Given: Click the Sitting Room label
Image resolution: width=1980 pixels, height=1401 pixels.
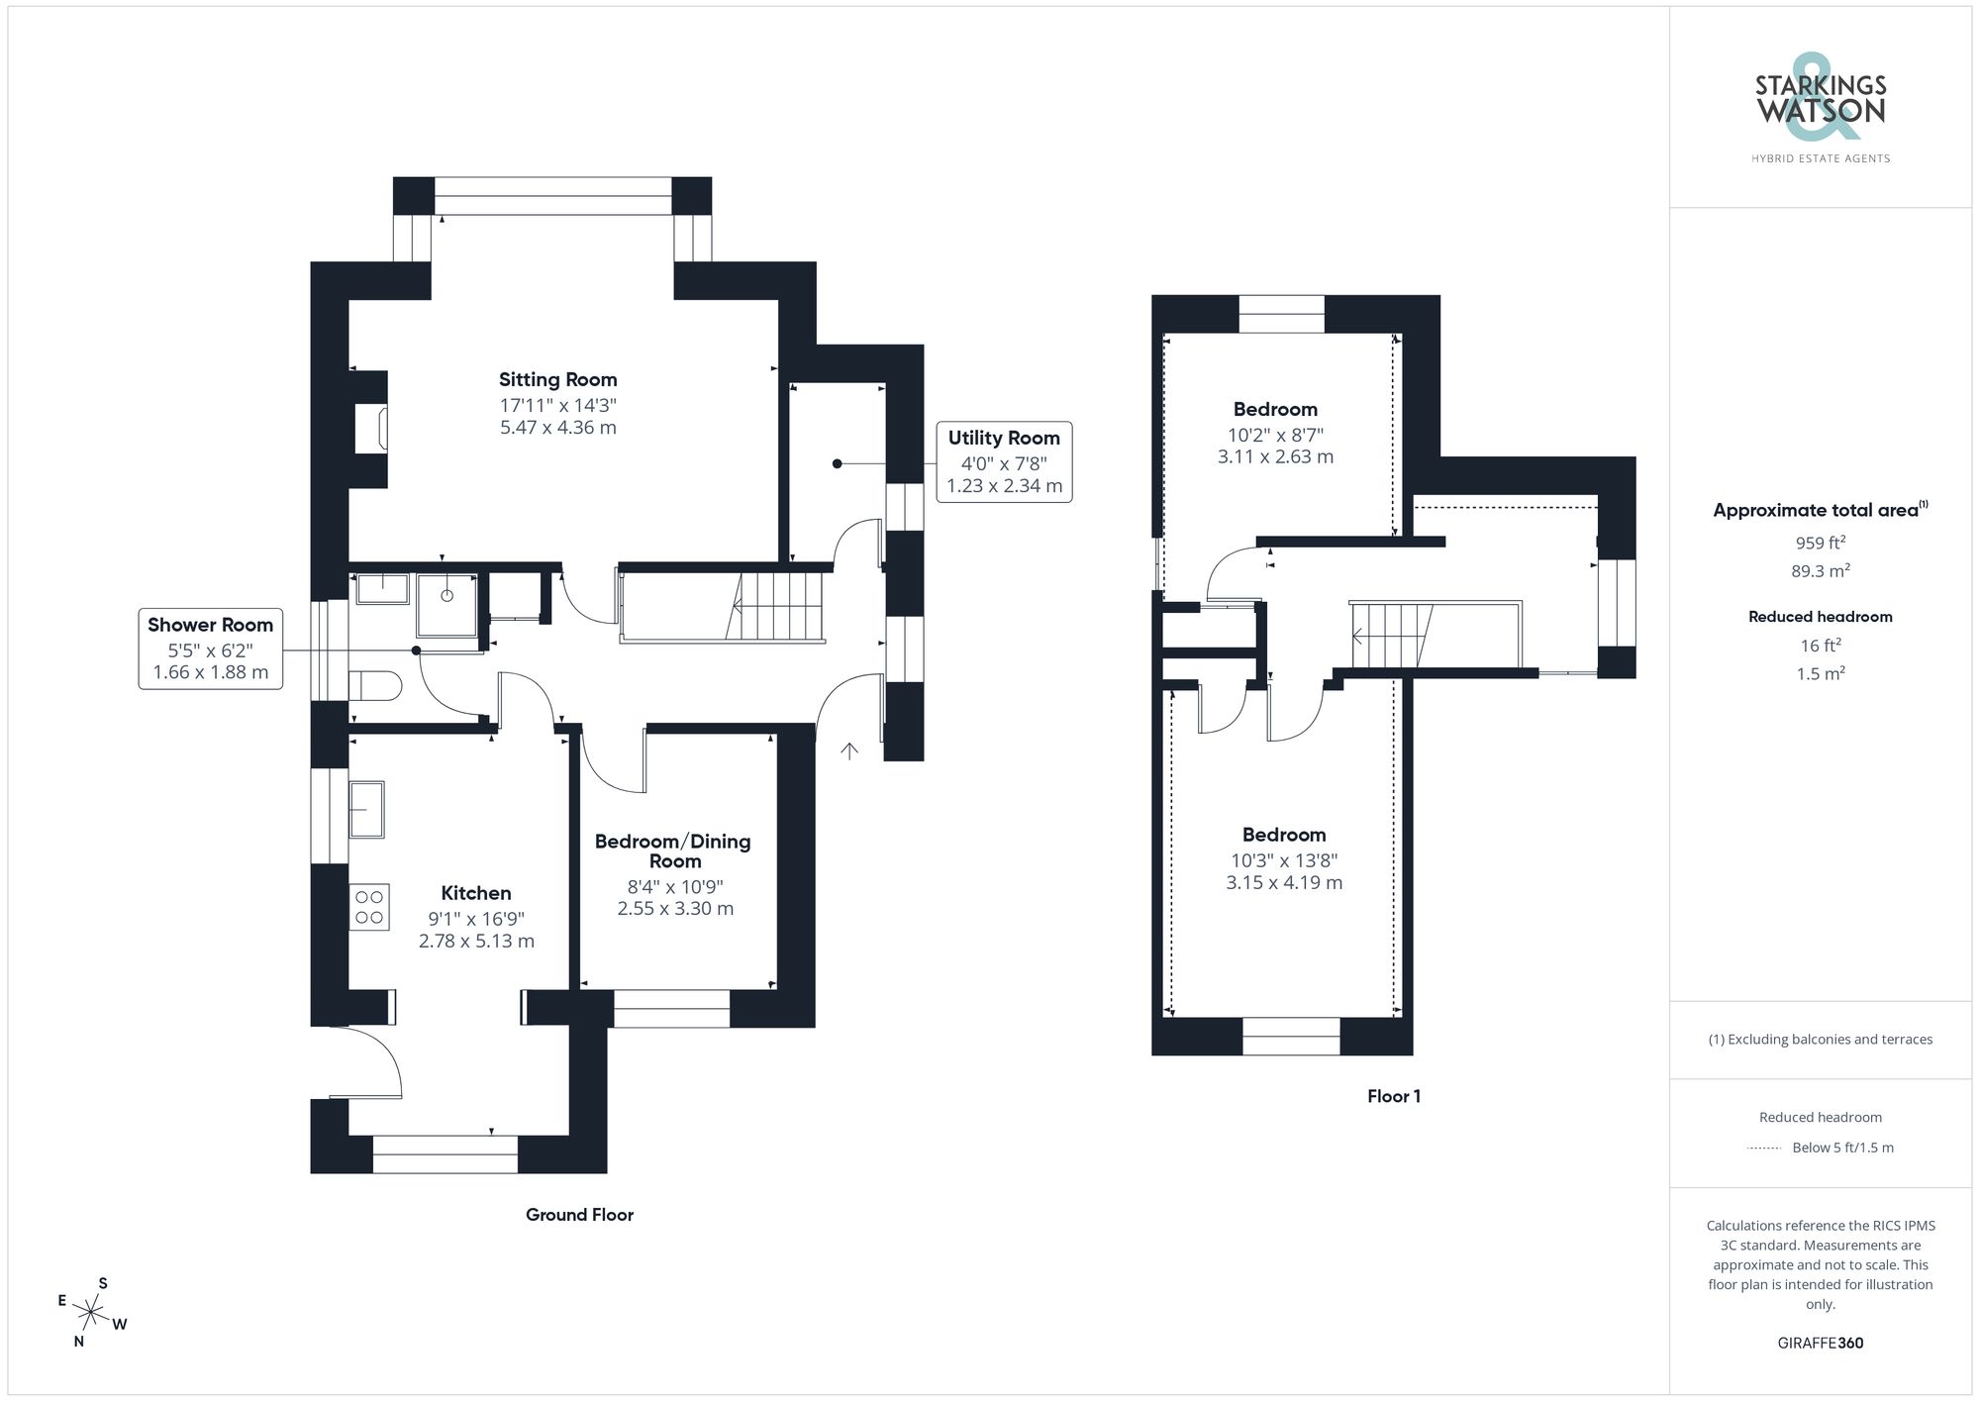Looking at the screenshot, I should [x=557, y=380].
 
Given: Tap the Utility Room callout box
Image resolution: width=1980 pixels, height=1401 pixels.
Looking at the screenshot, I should [x=1004, y=461].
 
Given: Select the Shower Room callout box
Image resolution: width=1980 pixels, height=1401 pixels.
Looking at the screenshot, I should [x=210, y=650].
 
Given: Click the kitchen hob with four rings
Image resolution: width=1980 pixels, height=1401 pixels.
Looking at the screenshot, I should [x=369, y=908].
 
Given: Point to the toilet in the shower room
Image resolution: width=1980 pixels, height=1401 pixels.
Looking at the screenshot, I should [x=375, y=685].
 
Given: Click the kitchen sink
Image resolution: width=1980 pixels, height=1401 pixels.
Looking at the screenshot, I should [x=366, y=809].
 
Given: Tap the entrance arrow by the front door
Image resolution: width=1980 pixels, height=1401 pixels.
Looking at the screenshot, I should [x=849, y=751].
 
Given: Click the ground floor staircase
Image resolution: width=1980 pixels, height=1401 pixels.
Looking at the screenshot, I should [x=780, y=606].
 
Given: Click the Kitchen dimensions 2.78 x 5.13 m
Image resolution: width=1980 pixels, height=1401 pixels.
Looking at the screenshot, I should [x=476, y=941].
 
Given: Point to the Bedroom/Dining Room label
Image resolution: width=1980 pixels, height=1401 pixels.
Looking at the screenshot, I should [x=672, y=851].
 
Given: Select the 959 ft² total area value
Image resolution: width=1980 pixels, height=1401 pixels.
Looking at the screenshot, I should [x=1820, y=543].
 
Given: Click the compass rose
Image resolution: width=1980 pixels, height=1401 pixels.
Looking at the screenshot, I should [x=91, y=1314].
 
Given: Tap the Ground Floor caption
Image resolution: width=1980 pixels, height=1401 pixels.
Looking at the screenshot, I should [x=579, y=1215].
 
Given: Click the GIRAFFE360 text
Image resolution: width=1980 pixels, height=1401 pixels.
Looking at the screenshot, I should [x=1820, y=1343].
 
